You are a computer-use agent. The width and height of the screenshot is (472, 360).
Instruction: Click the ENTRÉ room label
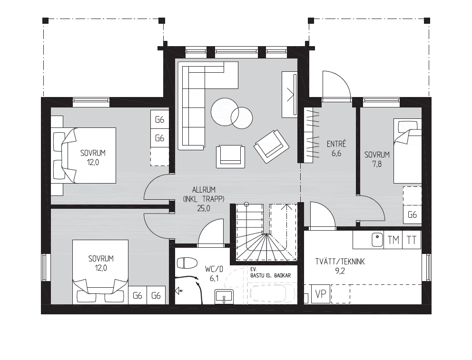(336, 144)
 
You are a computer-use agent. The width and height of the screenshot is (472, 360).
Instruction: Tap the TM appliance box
(393, 240)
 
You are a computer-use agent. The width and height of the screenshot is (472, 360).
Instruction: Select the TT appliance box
(412, 240)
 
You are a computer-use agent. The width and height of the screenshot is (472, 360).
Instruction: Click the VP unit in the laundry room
(321, 293)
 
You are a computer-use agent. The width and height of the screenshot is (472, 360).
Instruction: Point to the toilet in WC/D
(187, 263)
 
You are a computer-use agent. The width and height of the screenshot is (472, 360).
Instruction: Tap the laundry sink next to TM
(377, 240)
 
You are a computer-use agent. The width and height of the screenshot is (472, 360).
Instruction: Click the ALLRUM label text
(204, 190)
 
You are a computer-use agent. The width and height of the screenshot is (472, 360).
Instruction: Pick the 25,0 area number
(204, 208)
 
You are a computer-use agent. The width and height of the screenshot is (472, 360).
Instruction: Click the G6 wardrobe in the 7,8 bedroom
(412, 214)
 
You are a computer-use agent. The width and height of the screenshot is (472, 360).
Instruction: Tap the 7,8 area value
(377, 164)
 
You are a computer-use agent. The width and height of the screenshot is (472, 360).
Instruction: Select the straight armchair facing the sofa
(230, 156)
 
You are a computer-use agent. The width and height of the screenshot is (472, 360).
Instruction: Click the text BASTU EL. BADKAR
(270, 275)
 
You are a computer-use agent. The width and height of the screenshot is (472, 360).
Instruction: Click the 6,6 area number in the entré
(336, 154)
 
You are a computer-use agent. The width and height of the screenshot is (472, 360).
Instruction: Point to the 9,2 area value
(340, 271)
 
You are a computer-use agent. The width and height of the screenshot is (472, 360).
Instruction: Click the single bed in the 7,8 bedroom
(408, 151)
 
